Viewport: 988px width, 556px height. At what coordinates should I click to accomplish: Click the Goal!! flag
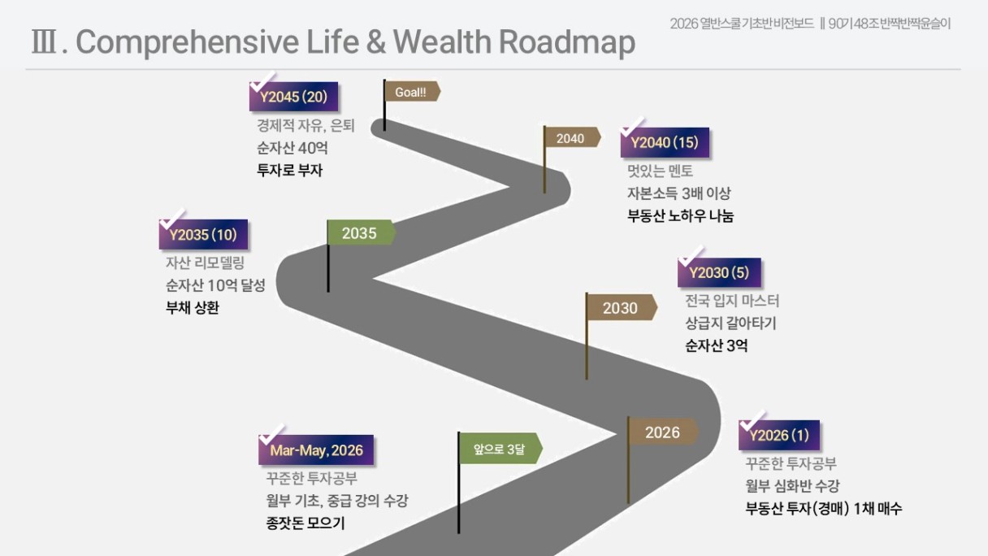click(x=412, y=92)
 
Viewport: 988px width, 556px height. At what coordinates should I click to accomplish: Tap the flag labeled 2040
click(x=572, y=138)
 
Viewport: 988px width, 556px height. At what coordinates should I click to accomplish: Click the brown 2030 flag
click(x=621, y=307)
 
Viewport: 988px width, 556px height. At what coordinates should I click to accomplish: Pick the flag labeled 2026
click(x=663, y=432)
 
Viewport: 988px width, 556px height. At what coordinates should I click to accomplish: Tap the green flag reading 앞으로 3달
click(x=500, y=449)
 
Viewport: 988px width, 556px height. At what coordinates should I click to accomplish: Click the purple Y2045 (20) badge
click(x=294, y=96)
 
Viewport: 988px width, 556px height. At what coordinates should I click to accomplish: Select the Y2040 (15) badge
click(x=665, y=142)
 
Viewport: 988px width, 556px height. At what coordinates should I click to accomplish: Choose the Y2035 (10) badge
click(x=203, y=234)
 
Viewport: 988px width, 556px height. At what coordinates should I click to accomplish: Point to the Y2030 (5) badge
click(x=719, y=272)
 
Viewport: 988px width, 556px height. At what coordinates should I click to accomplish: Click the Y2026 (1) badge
click(x=779, y=435)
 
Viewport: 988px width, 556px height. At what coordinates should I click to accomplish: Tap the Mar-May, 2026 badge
click(x=316, y=450)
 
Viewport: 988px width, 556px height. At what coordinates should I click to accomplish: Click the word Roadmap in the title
click(x=567, y=42)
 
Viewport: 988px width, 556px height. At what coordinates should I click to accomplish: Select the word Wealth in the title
click(x=442, y=41)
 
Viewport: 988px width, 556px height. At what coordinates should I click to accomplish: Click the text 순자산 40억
click(x=292, y=148)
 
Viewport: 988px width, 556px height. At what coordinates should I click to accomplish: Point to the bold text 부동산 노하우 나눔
click(x=681, y=216)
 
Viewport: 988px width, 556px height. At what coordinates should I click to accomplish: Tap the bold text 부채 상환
click(x=193, y=307)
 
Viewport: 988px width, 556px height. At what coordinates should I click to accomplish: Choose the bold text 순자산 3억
click(x=717, y=345)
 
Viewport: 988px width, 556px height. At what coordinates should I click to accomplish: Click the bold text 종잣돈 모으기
click(x=305, y=523)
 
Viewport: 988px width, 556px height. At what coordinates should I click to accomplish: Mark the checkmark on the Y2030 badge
click(x=691, y=257)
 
